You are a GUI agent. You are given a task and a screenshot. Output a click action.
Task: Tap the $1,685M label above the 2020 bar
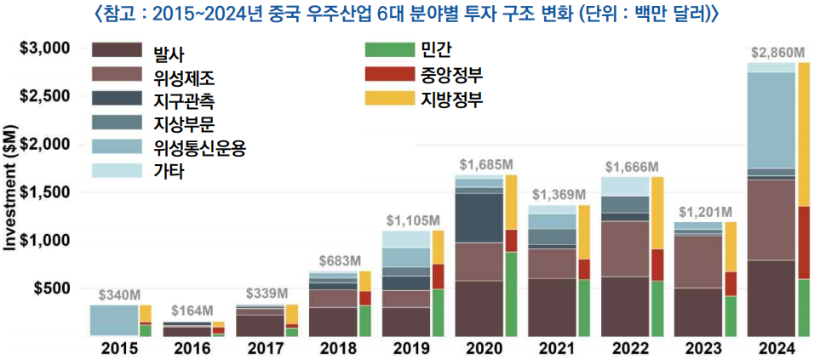click(x=486, y=163)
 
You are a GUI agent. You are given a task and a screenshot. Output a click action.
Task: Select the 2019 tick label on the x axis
click(x=412, y=349)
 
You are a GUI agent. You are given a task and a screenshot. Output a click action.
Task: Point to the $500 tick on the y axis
click(x=53, y=289)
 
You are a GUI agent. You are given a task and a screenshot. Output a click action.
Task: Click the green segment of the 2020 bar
click(x=510, y=294)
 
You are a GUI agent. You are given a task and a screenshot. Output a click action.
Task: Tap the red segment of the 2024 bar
click(x=803, y=243)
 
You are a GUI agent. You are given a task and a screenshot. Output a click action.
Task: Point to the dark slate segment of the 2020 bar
click(x=478, y=218)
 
